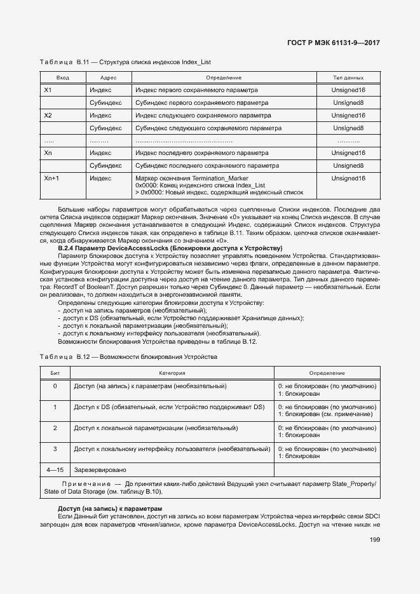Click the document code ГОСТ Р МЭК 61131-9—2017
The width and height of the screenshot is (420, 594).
pyautogui.click(x=334, y=43)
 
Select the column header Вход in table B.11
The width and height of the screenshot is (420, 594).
pyautogui.click(x=62, y=78)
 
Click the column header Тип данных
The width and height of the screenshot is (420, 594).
pyautogui.click(x=348, y=78)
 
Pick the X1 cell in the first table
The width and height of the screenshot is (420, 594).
pyautogui.click(x=48, y=90)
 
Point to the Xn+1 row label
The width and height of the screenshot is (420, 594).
pyautogui.click(x=51, y=179)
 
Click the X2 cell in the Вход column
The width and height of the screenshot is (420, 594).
pyautogui.click(x=48, y=116)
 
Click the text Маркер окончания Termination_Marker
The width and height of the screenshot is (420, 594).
pyautogui.click(x=192, y=179)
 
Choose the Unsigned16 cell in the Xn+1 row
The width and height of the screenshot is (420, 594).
pyautogui.click(x=348, y=179)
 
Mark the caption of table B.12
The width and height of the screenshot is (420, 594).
pyautogui.click(x=128, y=357)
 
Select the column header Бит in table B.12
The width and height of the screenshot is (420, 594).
pyautogui.click(x=55, y=373)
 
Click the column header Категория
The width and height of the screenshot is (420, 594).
pyautogui.click(x=172, y=373)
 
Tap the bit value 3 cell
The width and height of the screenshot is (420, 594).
pyautogui.click(x=55, y=449)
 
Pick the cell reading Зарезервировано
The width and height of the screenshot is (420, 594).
pyautogui.click(x=100, y=470)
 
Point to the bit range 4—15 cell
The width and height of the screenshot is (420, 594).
pyautogui.click(x=55, y=470)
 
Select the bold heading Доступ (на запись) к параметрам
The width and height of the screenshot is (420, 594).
pyautogui.click(x=110, y=509)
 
